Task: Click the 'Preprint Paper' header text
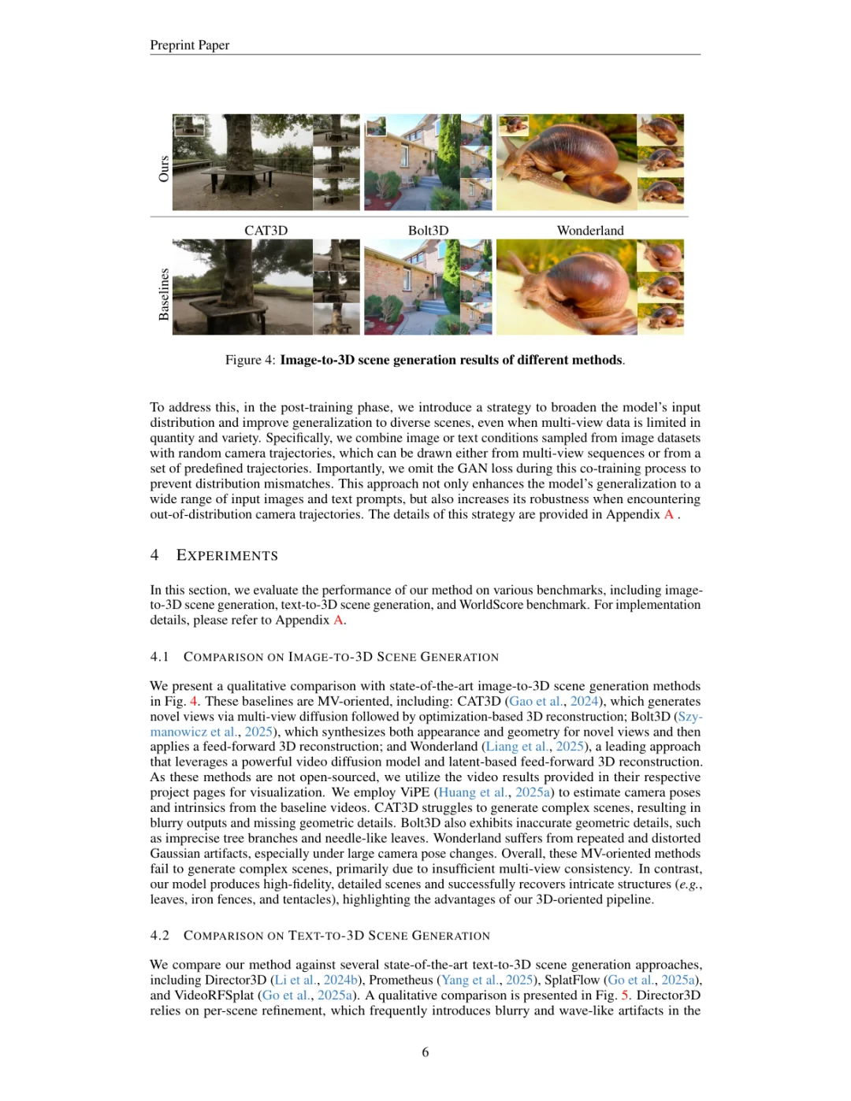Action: click(x=189, y=45)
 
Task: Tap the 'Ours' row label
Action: click(x=164, y=169)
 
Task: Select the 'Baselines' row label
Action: click(x=164, y=294)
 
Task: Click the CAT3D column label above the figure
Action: click(x=266, y=230)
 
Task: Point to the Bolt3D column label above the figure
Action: click(x=428, y=230)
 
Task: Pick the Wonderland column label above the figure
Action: click(x=590, y=230)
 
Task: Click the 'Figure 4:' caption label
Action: click(x=250, y=360)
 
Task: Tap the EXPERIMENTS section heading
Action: click(x=227, y=555)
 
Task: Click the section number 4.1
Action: click(x=159, y=657)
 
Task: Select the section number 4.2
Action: click(x=159, y=936)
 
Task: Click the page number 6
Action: click(x=425, y=1052)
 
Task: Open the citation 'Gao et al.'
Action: click(x=536, y=701)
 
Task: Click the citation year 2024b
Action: click(x=340, y=980)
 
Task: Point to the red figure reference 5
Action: click(x=625, y=995)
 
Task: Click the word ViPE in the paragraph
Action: click(x=414, y=792)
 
